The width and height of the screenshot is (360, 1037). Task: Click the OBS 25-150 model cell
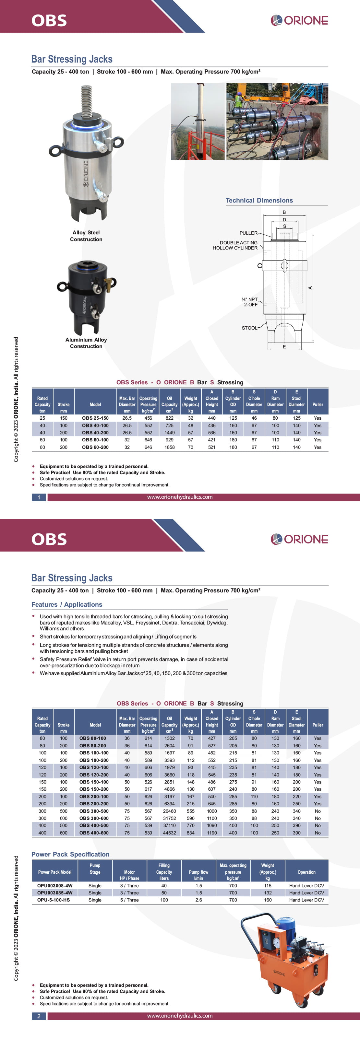coord(95,418)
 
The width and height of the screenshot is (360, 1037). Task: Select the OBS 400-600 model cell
coord(94,833)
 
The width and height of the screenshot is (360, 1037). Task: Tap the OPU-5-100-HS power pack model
coord(54,900)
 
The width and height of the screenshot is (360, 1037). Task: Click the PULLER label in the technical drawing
coord(248,233)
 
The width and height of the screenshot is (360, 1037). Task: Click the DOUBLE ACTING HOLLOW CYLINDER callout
coord(235,245)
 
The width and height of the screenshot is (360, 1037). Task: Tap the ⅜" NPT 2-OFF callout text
coord(250,302)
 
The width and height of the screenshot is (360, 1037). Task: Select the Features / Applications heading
coord(67,604)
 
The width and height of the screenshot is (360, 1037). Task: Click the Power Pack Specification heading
coord(70,854)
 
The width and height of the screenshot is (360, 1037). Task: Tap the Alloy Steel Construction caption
coord(86,236)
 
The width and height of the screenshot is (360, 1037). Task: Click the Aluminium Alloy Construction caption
coord(86,343)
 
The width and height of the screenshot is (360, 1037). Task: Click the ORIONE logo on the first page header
coord(299,20)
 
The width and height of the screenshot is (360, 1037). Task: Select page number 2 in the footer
coord(39,1016)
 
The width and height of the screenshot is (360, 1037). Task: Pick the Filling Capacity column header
coord(164,871)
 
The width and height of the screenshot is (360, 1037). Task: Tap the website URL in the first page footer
coord(180,497)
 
